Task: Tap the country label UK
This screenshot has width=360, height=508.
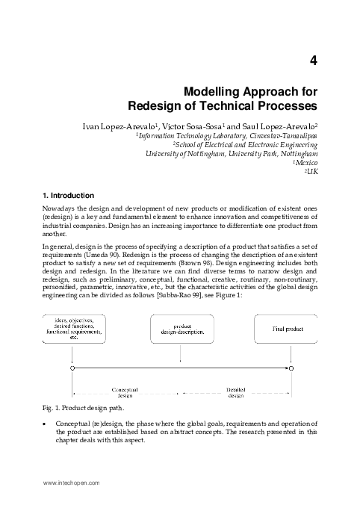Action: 312,172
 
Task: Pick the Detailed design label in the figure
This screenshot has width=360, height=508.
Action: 235,393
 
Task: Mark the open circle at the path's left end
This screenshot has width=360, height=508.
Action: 71,368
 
